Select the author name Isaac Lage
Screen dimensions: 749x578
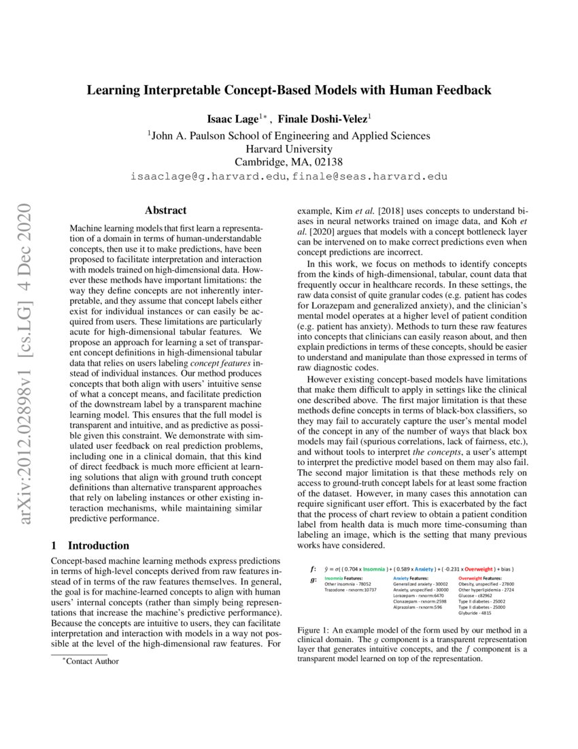(x=231, y=118)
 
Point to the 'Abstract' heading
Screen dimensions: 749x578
(x=165, y=210)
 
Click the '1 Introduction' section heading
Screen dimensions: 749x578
(x=90, y=545)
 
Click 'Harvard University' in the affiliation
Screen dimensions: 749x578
(x=289, y=148)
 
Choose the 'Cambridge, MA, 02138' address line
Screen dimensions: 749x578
(x=289, y=162)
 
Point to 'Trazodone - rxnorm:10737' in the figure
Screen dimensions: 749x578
(x=350, y=590)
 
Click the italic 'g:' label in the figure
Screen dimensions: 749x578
(x=313, y=579)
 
